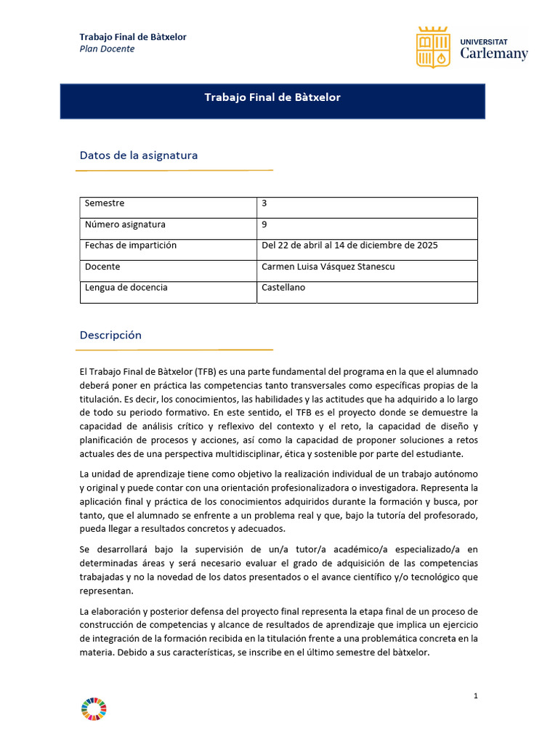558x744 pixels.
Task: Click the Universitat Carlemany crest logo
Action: point(433,47)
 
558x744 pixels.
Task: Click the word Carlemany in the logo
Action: point(494,54)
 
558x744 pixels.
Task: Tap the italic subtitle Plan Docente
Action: point(107,49)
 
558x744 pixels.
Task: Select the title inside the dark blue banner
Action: point(272,97)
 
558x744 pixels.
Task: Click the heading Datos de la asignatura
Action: point(138,155)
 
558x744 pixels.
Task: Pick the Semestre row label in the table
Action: point(105,203)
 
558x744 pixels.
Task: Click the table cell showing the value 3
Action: point(264,203)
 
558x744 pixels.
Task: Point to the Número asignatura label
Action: point(125,225)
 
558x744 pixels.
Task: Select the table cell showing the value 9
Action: point(264,225)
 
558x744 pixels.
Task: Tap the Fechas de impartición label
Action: point(131,246)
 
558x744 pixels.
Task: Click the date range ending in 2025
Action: point(349,246)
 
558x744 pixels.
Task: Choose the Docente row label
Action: point(102,267)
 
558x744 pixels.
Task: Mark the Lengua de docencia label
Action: point(126,288)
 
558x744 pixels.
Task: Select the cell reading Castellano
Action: point(283,288)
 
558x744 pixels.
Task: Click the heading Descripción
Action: point(110,336)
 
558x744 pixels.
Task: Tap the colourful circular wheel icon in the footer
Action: point(94,709)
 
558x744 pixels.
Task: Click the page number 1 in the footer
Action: point(475,696)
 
